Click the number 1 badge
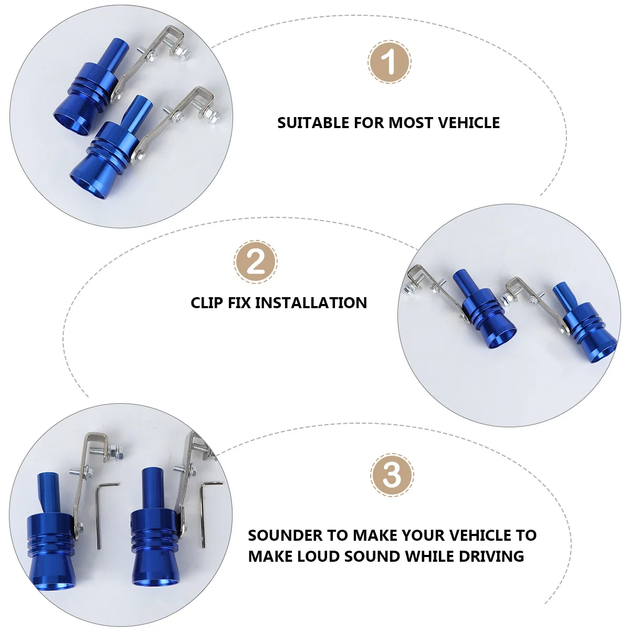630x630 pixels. tap(389, 62)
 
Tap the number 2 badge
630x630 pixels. tap(255, 262)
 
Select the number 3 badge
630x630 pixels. tap(392, 475)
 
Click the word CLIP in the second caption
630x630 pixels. tap(207, 303)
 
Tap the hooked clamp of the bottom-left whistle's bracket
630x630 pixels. tap(97, 444)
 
